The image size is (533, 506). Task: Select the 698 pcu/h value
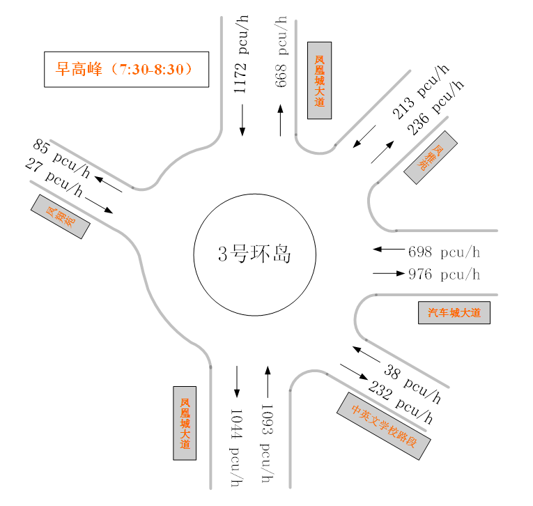[x=445, y=252]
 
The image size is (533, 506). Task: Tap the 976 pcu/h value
[x=445, y=274]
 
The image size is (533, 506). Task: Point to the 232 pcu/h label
[x=401, y=404]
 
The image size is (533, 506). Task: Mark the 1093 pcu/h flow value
[x=266, y=443]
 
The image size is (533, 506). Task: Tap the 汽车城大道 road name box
[x=454, y=313]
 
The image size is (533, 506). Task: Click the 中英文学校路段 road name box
[x=384, y=425]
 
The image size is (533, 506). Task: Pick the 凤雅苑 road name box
[x=431, y=158]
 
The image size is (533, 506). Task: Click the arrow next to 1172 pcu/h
[x=242, y=120]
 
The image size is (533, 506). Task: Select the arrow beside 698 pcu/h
[x=388, y=249]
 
